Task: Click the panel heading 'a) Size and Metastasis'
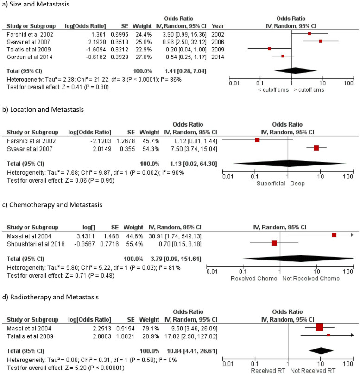(34, 5)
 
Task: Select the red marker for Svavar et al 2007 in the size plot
(320, 41)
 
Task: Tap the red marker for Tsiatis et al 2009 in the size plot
(269, 49)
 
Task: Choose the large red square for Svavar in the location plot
(316, 148)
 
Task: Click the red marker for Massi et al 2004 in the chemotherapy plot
(334, 235)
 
